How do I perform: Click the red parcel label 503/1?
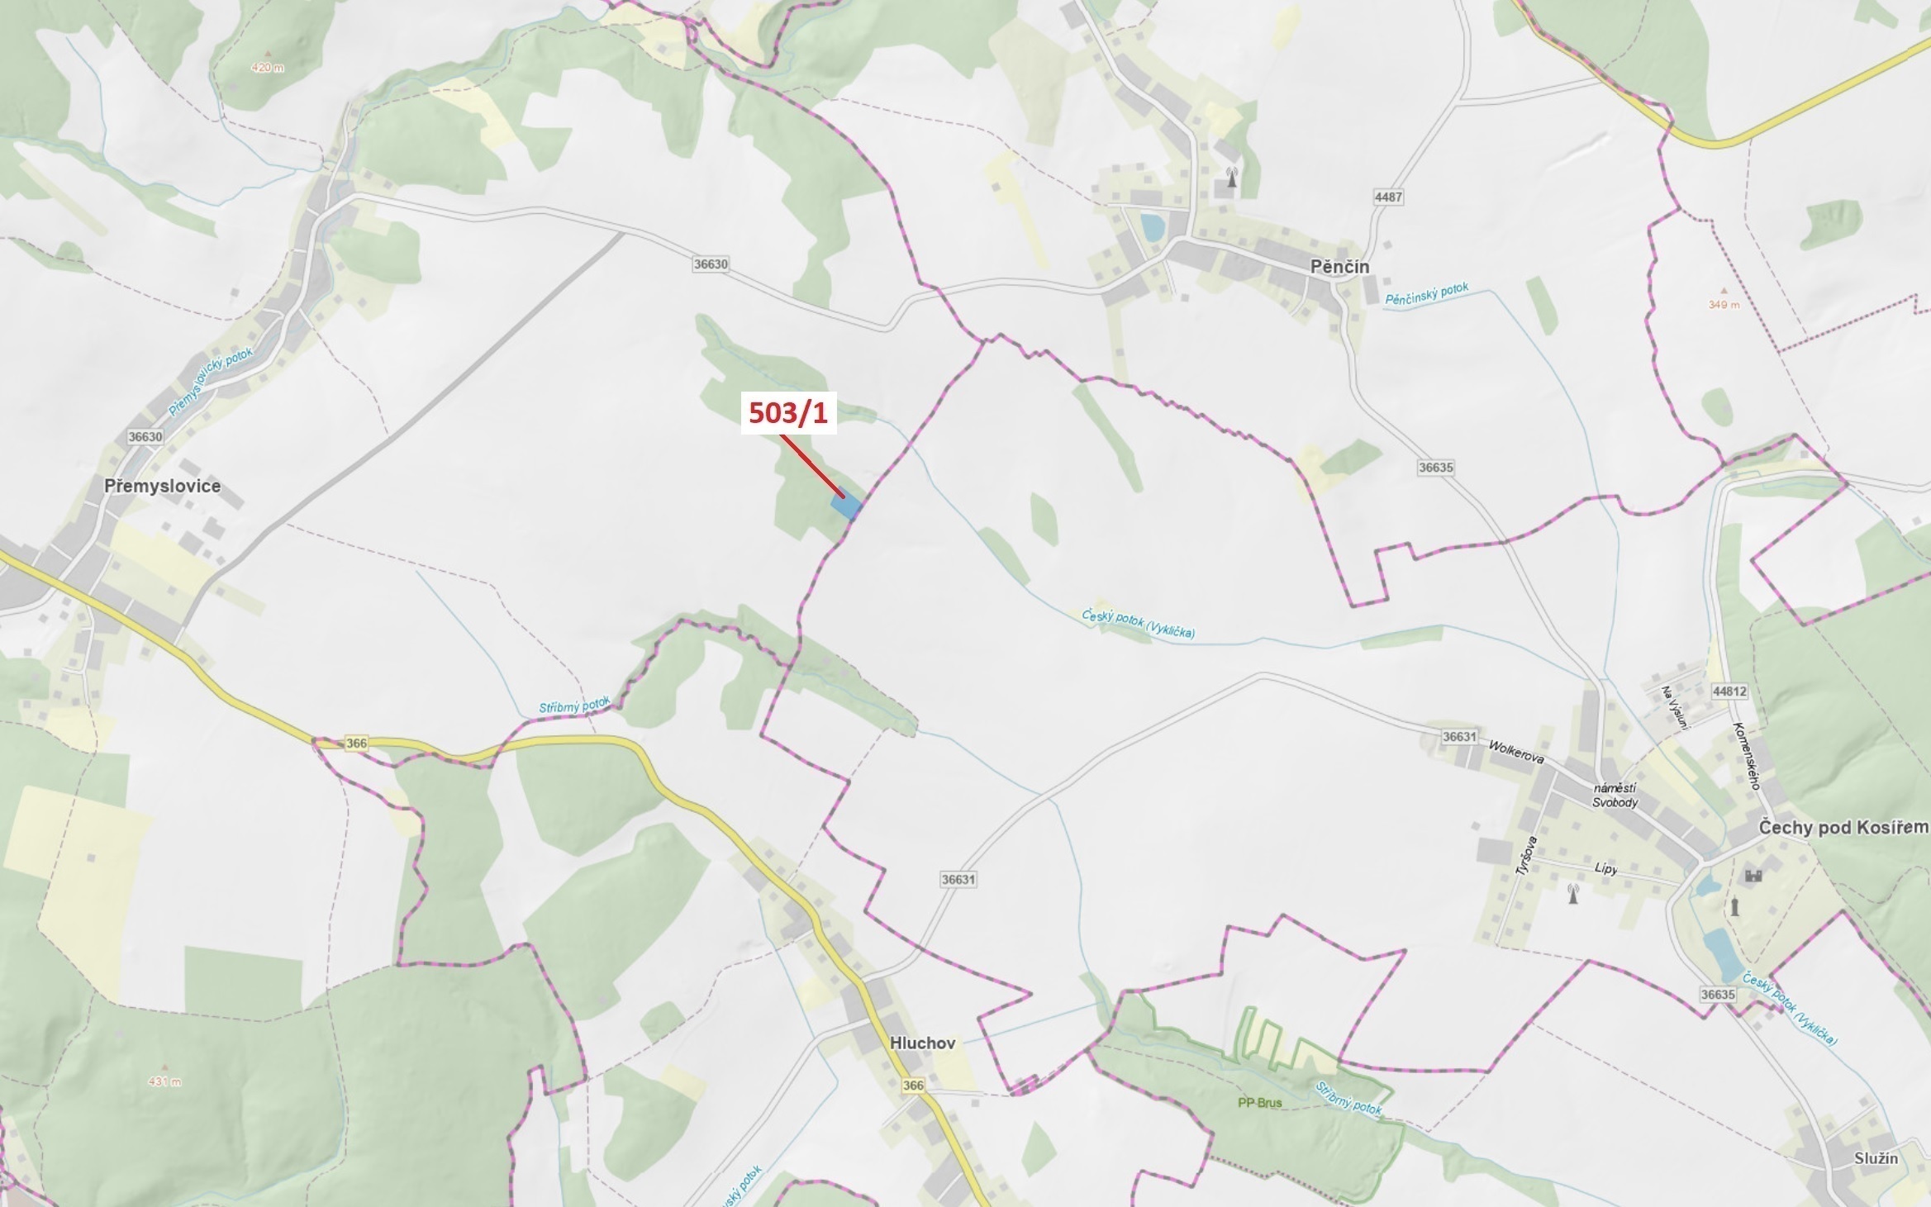(x=788, y=412)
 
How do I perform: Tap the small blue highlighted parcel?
(x=847, y=505)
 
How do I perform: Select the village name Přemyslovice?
(x=162, y=486)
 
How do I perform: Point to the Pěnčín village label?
(x=1339, y=267)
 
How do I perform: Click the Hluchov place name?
(x=922, y=1043)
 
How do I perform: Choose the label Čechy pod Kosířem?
(x=1843, y=828)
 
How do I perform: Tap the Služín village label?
(x=1876, y=1158)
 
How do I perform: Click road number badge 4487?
(x=1388, y=197)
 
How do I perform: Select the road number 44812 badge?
(x=1729, y=691)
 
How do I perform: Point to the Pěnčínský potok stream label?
(x=1427, y=295)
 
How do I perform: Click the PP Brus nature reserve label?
(x=1259, y=1103)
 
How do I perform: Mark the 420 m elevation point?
(x=266, y=68)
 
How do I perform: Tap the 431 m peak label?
(x=164, y=1082)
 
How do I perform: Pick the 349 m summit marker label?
(x=1724, y=305)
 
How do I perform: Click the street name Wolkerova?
(x=1515, y=753)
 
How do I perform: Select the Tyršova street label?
(x=1525, y=855)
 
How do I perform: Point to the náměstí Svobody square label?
(x=1615, y=796)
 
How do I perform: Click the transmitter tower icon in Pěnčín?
(x=1231, y=177)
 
